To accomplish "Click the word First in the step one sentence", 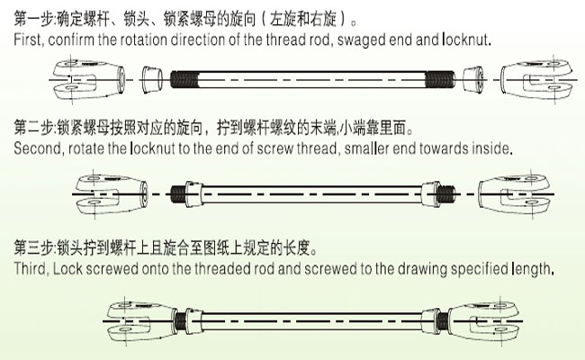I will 28,41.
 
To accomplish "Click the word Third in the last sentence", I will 30,269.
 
